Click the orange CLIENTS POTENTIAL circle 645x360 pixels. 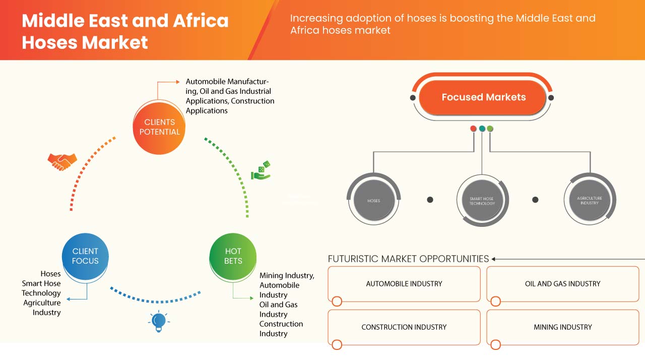[x=159, y=127]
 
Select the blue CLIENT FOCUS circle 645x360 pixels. [x=85, y=256]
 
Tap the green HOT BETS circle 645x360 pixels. [x=233, y=256]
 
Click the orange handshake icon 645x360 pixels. [x=62, y=161]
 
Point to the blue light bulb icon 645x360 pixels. [x=159, y=321]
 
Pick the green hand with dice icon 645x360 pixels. [x=261, y=171]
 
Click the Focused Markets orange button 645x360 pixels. [x=483, y=97]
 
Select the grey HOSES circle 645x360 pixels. [x=373, y=200]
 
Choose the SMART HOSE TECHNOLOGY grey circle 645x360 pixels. [x=482, y=200]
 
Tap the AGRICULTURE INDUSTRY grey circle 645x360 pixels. [x=589, y=200]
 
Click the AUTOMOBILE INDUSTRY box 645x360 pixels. [x=404, y=284]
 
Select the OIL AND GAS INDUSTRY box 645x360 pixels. [x=562, y=284]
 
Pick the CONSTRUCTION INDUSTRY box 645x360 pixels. [x=404, y=327]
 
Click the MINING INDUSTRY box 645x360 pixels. [x=562, y=327]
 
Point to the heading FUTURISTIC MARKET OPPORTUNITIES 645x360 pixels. [x=408, y=259]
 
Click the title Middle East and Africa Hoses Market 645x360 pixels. [x=125, y=31]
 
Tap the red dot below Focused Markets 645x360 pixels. [x=473, y=129]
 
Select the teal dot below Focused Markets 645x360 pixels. [x=482, y=129]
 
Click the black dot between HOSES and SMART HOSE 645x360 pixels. [x=430, y=200]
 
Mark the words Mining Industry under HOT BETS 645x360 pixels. [x=286, y=275]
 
